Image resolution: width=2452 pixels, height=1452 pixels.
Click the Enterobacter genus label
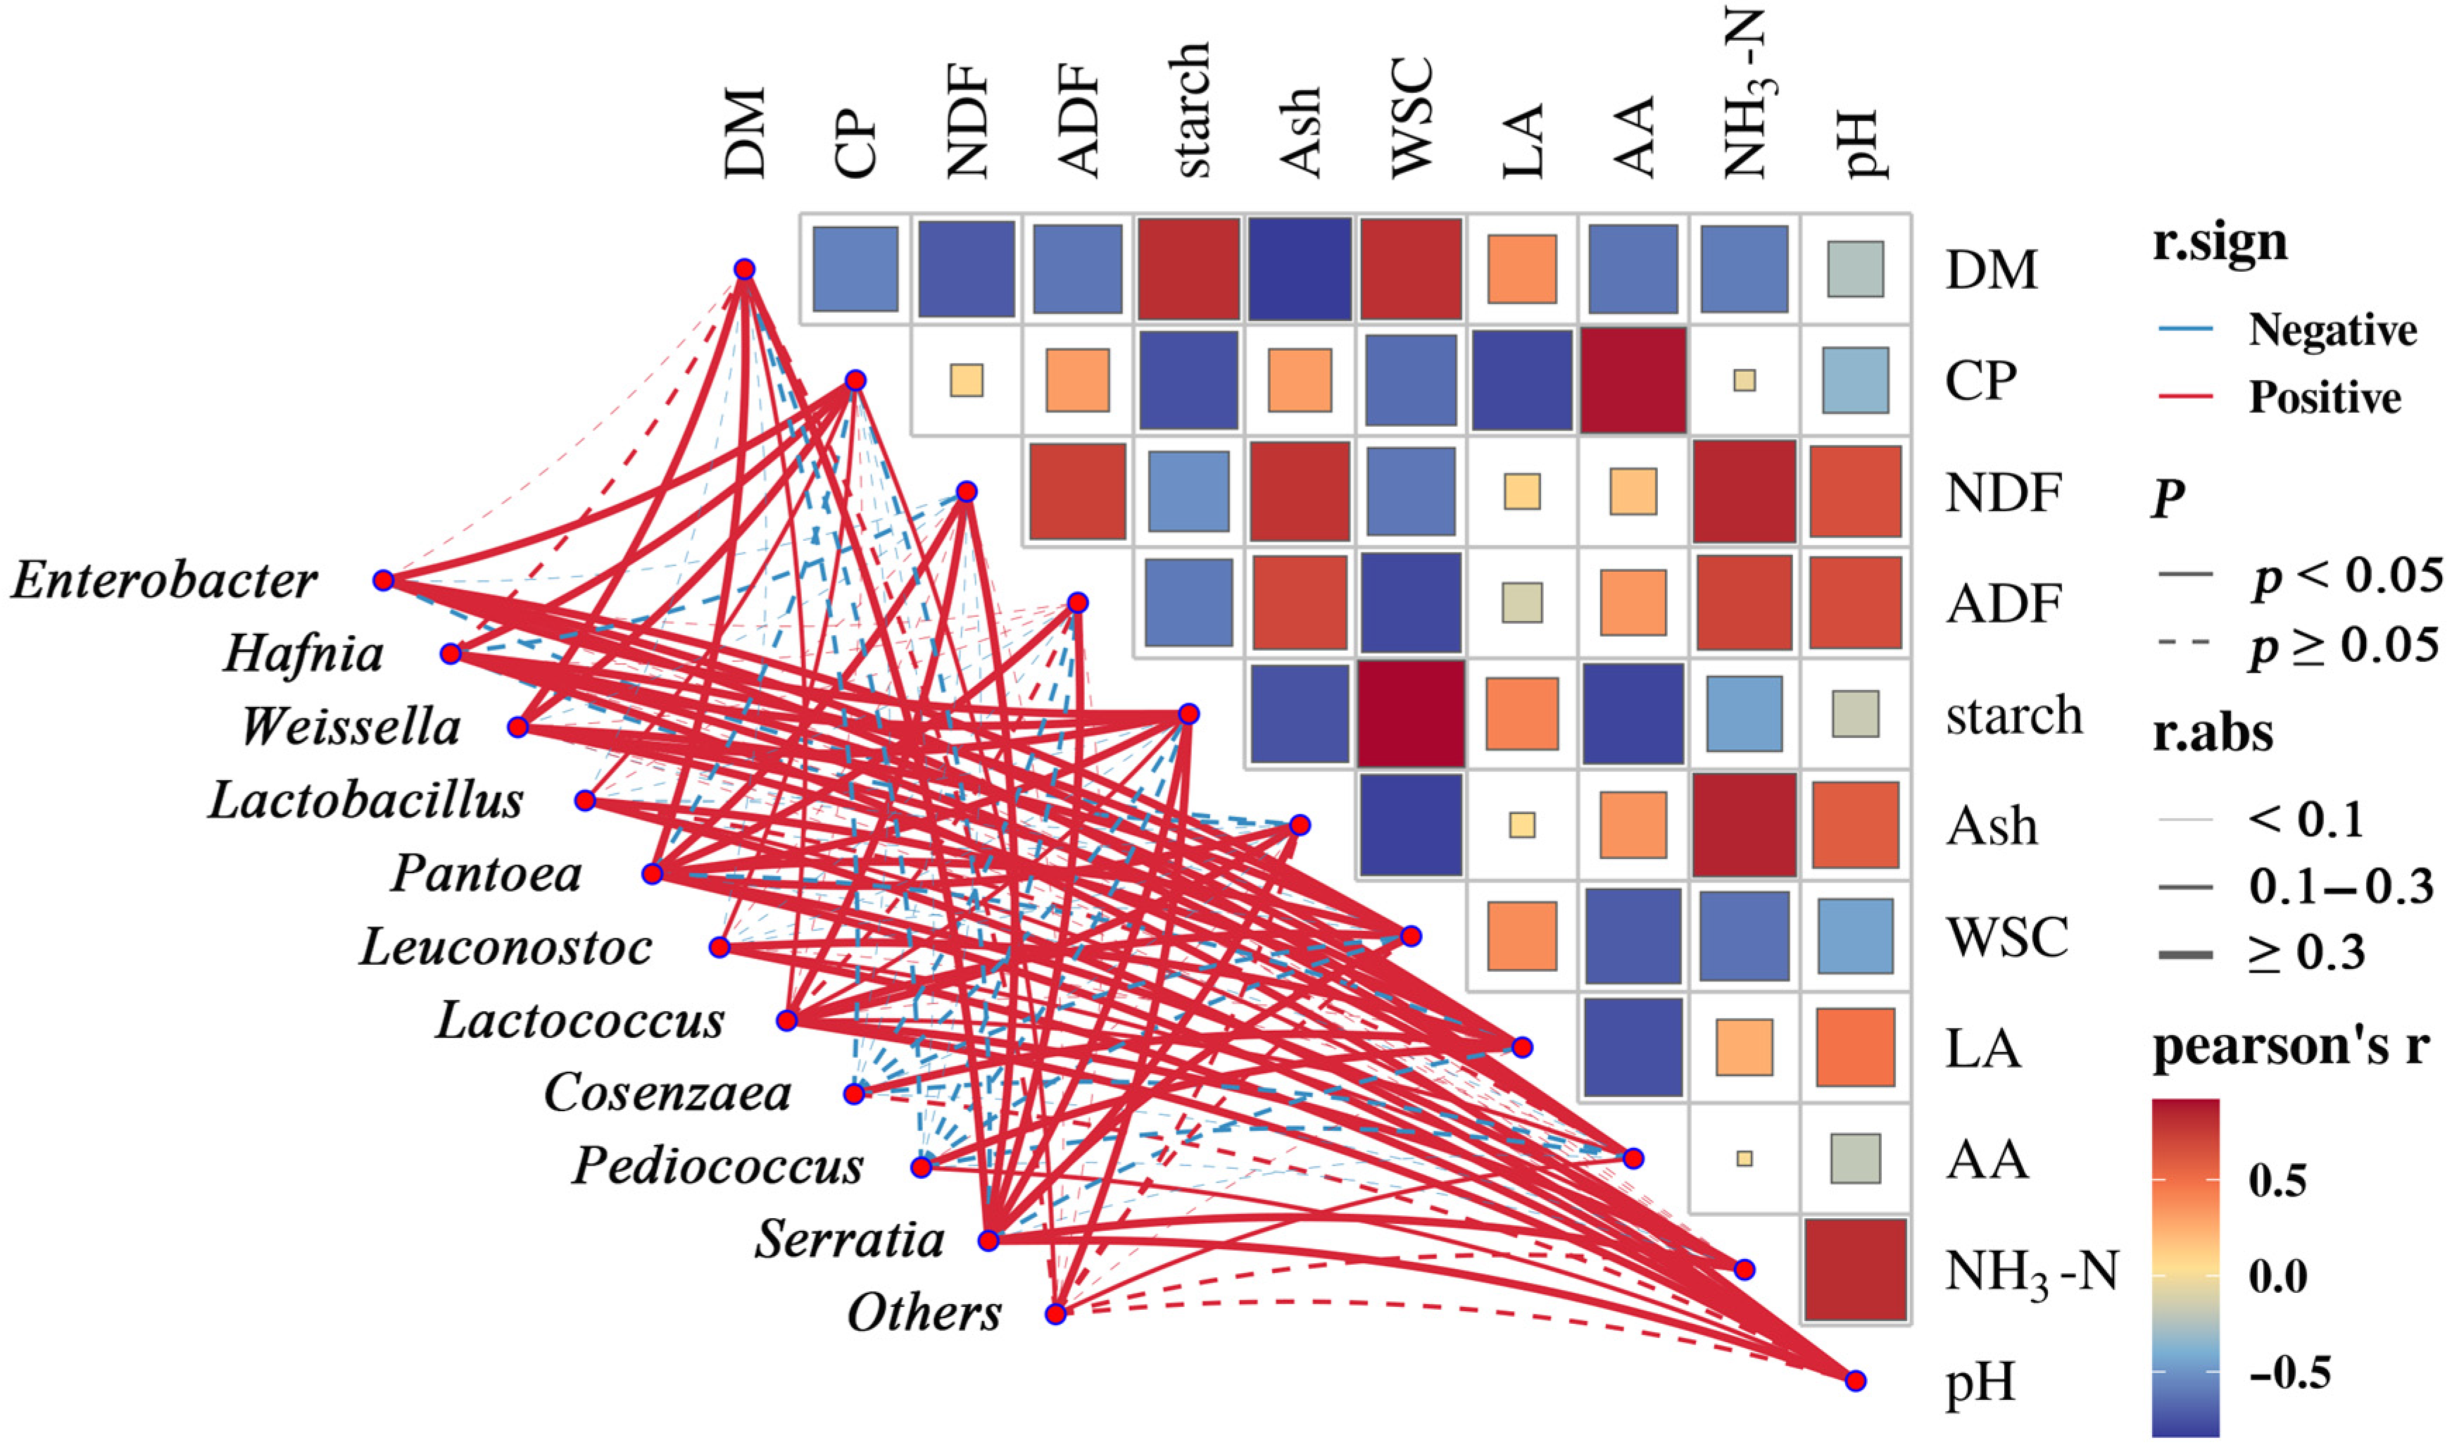click(x=164, y=580)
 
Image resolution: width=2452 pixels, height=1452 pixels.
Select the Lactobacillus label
click(x=366, y=801)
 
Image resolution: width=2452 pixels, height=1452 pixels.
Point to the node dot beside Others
click(x=1055, y=1314)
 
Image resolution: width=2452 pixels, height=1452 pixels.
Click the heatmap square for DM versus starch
click(x=1188, y=269)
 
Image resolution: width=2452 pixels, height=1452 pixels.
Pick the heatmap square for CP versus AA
click(x=1633, y=380)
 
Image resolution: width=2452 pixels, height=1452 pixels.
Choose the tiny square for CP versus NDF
click(x=967, y=380)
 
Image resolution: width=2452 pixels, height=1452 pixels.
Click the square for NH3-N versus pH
click(x=1856, y=1269)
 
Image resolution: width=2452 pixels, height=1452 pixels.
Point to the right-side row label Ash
click(x=1992, y=827)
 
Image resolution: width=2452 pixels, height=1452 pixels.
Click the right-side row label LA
click(x=1982, y=1049)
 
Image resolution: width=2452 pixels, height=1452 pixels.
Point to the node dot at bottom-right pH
click(x=1856, y=1381)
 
